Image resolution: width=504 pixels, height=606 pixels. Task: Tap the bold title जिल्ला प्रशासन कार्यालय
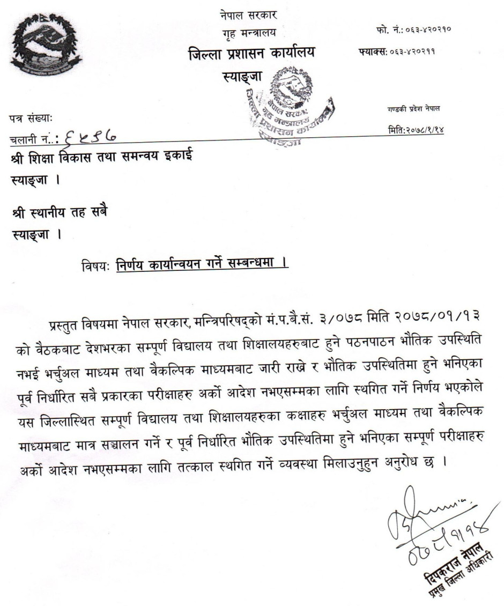pos(251,54)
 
